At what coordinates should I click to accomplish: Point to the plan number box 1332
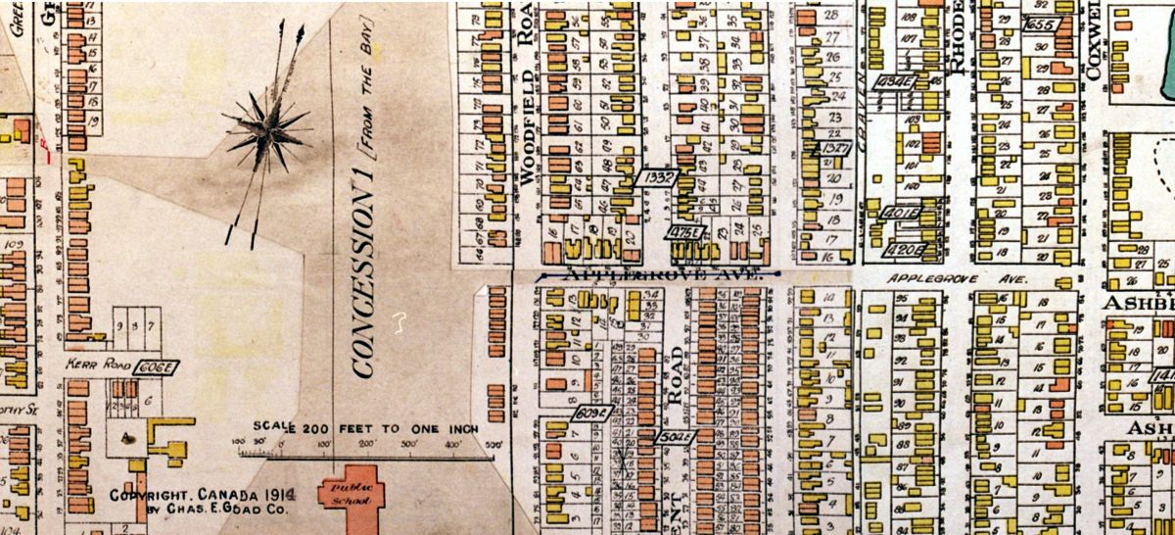coord(656,177)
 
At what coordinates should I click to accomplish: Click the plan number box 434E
coord(896,81)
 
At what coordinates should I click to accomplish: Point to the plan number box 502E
coord(675,436)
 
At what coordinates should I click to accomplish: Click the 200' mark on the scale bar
coord(364,446)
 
